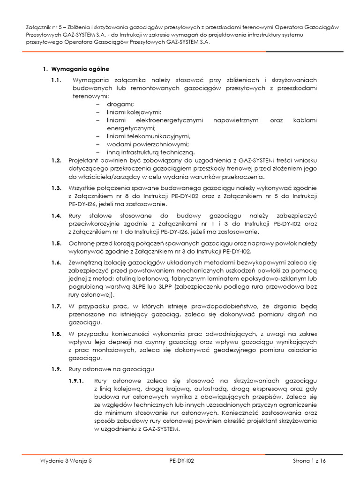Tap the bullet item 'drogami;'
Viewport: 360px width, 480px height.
point(120,104)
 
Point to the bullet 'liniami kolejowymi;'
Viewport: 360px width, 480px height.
point(134,112)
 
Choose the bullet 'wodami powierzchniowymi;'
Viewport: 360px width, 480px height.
point(148,144)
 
